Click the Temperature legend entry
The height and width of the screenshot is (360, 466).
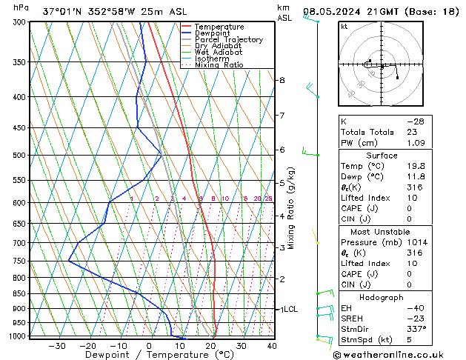pyautogui.click(x=219, y=27)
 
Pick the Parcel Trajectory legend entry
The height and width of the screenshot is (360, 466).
pyautogui.click(x=228, y=39)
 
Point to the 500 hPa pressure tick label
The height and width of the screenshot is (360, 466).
pyautogui.click(x=19, y=156)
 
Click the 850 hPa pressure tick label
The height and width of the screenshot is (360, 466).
pyautogui.click(x=19, y=294)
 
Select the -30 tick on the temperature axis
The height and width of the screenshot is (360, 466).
pyautogui.click(x=57, y=346)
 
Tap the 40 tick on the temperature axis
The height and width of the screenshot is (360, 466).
pyautogui.click(x=272, y=346)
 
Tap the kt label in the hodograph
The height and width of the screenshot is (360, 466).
pyautogui.click(x=344, y=27)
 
